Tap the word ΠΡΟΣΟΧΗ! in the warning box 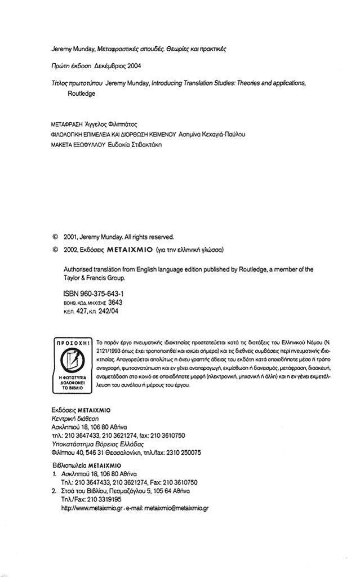point(72,342)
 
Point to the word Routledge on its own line point(82,93)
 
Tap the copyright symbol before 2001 point(55,237)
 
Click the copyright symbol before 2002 point(55,248)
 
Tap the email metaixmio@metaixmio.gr point(176,508)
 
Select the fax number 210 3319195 point(105,499)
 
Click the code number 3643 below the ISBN point(115,303)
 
